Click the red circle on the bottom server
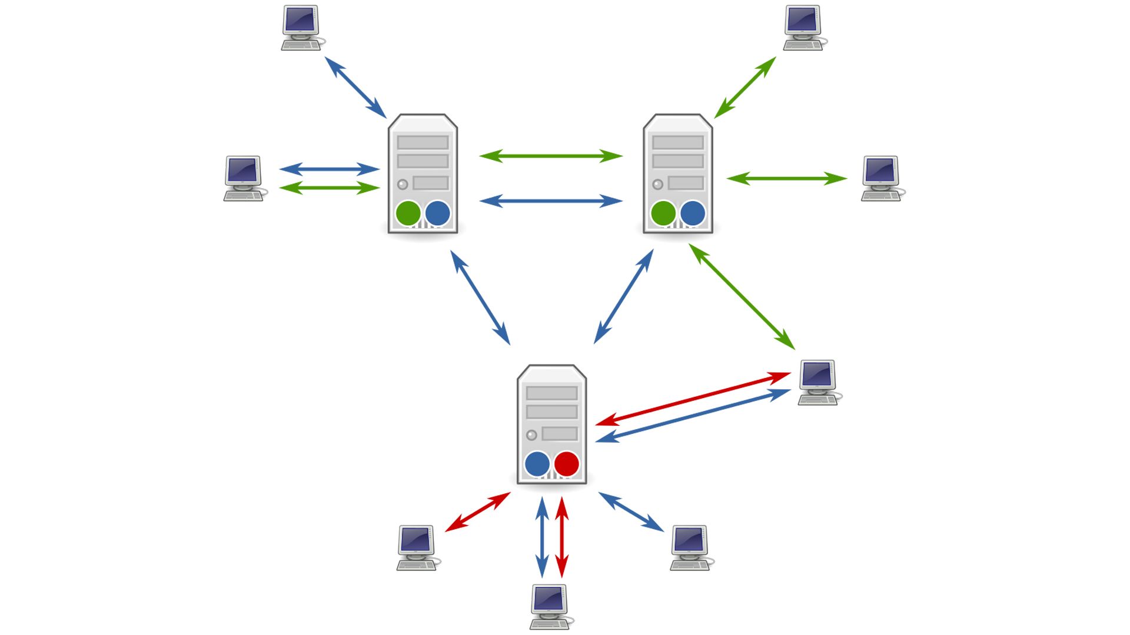click(566, 464)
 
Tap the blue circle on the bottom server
click(537, 464)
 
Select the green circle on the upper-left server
click(408, 213)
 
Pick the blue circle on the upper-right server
click(692, 213)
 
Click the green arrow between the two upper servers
click(551, 156)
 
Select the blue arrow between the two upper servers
click(551, 201)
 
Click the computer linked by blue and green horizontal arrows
click(244, 178)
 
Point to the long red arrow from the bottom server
click(693, 398)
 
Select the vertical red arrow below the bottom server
click(562, 537)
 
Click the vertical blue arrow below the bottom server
click(542, 537)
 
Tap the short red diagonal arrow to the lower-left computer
click(477, 512)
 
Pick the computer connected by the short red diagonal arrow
click(417, 547)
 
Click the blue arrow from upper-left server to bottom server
click(480, 298)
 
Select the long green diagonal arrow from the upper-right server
click(742, 297)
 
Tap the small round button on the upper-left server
click(403, 185)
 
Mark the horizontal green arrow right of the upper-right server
click(786, 178)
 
